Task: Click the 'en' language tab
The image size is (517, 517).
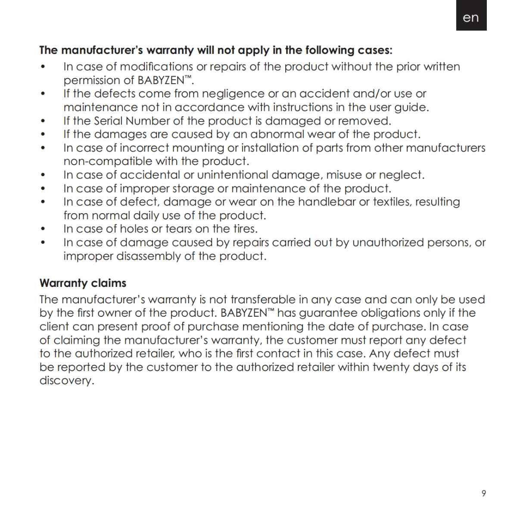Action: (471, 18)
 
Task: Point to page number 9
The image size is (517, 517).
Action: (483, 493)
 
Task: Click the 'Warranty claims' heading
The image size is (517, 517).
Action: (83, 283)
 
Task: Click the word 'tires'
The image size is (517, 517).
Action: (244, 229)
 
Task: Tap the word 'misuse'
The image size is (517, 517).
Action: (343, 175)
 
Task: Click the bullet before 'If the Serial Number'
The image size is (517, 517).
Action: (42, 121)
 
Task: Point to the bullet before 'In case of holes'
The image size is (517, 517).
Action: (42, 229)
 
